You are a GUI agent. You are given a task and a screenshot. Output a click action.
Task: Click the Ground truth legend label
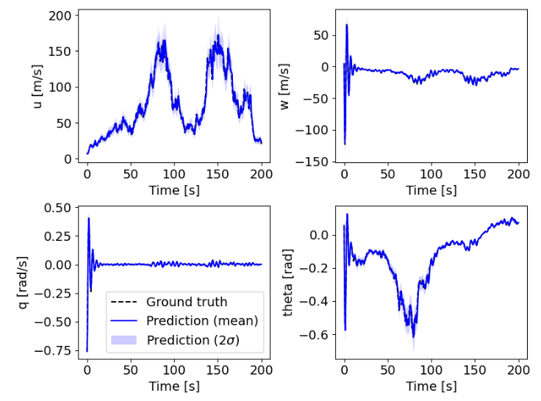(x=187, y=302)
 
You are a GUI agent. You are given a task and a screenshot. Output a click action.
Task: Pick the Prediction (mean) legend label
(x=202, y=321)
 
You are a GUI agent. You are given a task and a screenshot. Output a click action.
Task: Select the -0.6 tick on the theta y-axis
(x=320, y=334)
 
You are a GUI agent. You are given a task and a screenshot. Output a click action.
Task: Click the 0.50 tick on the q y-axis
(x=60, y=208)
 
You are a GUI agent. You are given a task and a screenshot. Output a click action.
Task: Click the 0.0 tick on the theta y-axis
(x=323, y=235)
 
